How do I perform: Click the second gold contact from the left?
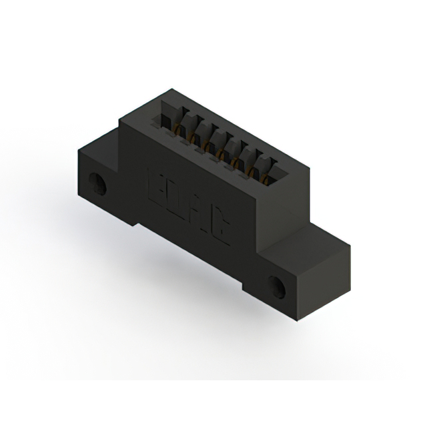click(x=193, y=136)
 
